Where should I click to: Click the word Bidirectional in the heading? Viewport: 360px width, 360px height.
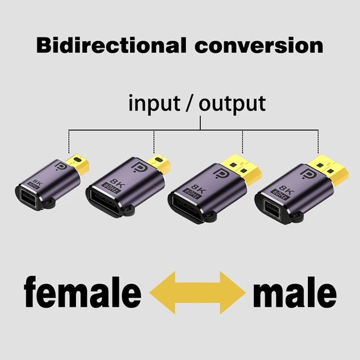[111, 45]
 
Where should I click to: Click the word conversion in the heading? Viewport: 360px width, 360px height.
[259, 46]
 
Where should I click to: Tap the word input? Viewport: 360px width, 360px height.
[154, 103]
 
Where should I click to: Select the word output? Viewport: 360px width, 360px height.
[232, 104]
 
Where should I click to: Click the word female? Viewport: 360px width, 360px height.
[82, 292]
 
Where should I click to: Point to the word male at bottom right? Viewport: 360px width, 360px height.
[295, 292]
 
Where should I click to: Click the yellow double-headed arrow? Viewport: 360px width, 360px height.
[198, 292]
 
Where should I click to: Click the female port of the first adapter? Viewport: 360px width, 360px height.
[27, 198]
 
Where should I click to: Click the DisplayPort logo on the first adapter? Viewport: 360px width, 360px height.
[61, 166]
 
